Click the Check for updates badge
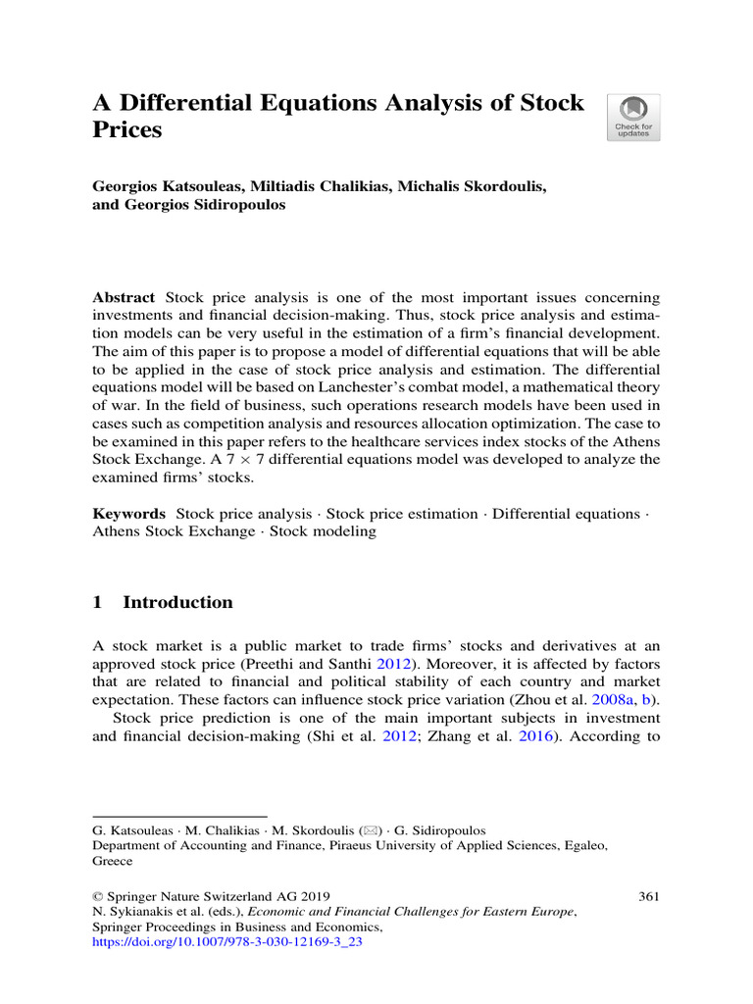point(633,118)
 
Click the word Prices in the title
point(126,128)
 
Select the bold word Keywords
point(128,514)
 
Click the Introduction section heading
point(177,602)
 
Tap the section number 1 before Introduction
point(97,602)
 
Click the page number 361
point(648,895)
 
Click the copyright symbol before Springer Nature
point(97,895)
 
